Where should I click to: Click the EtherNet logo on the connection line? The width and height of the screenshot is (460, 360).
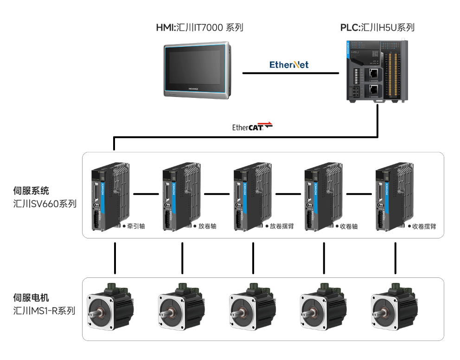(289, 64)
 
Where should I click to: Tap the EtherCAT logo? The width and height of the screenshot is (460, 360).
(252, 127)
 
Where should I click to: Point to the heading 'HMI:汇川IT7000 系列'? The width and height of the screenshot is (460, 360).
(199, 27)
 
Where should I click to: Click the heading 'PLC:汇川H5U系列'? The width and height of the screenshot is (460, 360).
(377, 27)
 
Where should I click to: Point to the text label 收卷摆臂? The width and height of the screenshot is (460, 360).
(424, 226)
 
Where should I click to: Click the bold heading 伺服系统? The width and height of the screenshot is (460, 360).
(31, 191)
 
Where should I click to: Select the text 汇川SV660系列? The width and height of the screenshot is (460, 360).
(45, 204)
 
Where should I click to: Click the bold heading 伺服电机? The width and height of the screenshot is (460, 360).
(31, 297)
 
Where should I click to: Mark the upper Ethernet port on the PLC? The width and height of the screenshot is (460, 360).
(373, 73)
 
